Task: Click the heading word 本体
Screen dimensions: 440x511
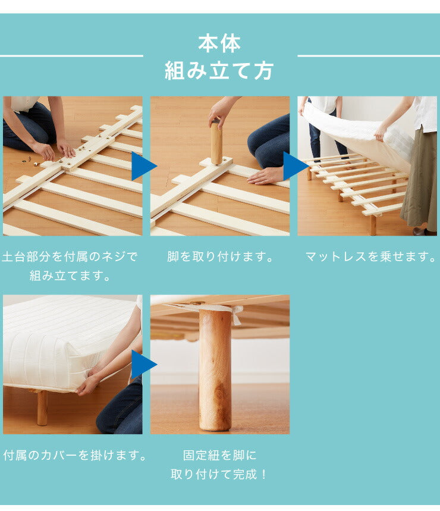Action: (219, 44)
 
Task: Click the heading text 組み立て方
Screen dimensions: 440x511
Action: (219, 71)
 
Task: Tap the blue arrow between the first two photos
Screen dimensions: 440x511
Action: (144, 166)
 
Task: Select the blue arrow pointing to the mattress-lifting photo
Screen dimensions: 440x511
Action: (296, 166)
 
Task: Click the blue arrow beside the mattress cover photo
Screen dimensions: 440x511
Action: (144, 364)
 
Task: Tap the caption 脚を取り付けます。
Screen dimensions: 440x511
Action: (220, 257)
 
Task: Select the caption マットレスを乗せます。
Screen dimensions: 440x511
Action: (370, 257)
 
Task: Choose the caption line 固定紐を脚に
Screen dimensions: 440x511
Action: (220, 455)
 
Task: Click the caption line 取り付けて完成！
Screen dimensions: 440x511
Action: (219, 475)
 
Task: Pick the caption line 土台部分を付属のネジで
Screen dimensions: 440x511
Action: (70, 257)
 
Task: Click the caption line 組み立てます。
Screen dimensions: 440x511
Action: (70, 276)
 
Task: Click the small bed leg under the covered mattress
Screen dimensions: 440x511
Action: (42, 407)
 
